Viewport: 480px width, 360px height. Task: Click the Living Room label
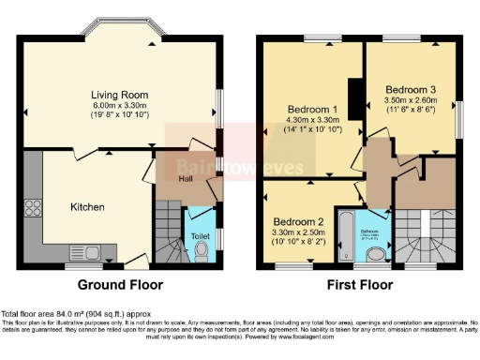(120, 95)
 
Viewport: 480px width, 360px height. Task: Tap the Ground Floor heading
(120, 285)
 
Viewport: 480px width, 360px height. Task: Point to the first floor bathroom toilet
(377, 253)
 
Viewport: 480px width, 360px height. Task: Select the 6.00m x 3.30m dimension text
(120, 106)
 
